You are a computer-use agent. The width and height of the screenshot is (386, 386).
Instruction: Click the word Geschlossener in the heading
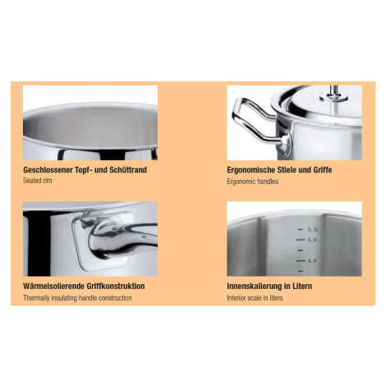tap(48, 170)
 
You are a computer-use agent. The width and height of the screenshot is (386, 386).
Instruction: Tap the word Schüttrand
tap(128, 170)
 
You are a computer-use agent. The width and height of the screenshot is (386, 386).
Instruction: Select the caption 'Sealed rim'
tap(37, 181)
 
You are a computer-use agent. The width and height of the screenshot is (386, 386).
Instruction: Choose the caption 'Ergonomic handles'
tap(252, 182)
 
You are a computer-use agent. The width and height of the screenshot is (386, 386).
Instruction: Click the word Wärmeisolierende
tap(53, 287)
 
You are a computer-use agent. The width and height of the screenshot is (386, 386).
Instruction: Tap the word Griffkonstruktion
tap(116, 287)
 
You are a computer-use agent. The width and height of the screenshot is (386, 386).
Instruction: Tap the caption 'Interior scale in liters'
tap(255, 298)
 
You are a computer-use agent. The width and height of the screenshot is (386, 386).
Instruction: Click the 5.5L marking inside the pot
tap(313, 229)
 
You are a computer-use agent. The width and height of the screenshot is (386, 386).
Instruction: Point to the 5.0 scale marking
tap(312, 240)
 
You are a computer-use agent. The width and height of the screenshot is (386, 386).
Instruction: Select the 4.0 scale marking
tap(312, 261)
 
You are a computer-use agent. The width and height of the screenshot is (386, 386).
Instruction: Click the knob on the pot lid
tap(334, 94)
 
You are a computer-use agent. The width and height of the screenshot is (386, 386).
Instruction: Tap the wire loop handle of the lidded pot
tap(253, 122)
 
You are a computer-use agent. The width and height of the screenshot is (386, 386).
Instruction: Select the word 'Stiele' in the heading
tap(287, 170)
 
